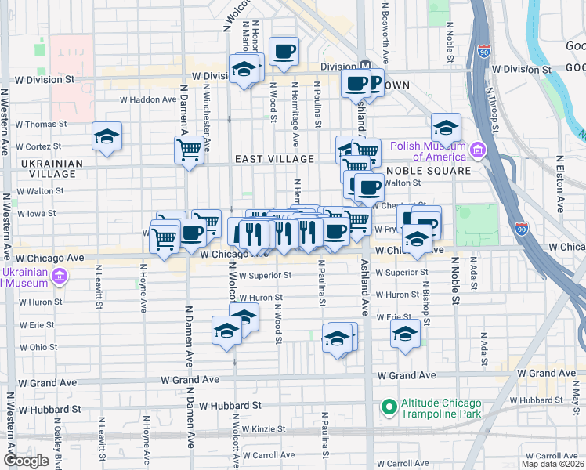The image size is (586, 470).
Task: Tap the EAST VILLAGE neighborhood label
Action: click(274, 159)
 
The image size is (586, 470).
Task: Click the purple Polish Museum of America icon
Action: click(476, 148)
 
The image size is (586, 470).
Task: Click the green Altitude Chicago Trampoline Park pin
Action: click(388, 407)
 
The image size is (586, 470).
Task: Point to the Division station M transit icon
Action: click(365, 67)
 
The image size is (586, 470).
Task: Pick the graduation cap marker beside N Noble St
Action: click(446, 127)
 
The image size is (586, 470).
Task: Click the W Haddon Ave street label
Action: click(148, 99)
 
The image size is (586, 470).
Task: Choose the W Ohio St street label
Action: click(38, 346)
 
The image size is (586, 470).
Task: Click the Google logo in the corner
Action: click(26, 461)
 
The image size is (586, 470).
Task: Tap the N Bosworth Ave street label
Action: click(385, 31)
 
